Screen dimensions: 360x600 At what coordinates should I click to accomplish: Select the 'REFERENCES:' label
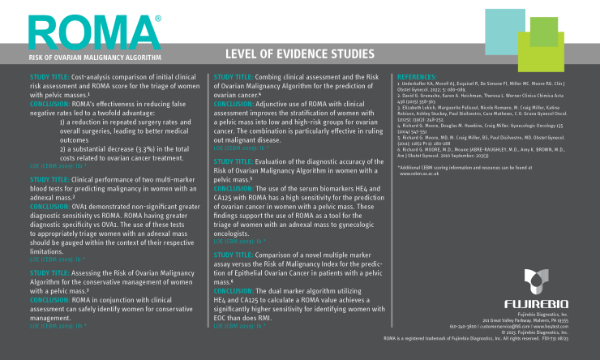(418, 74)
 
